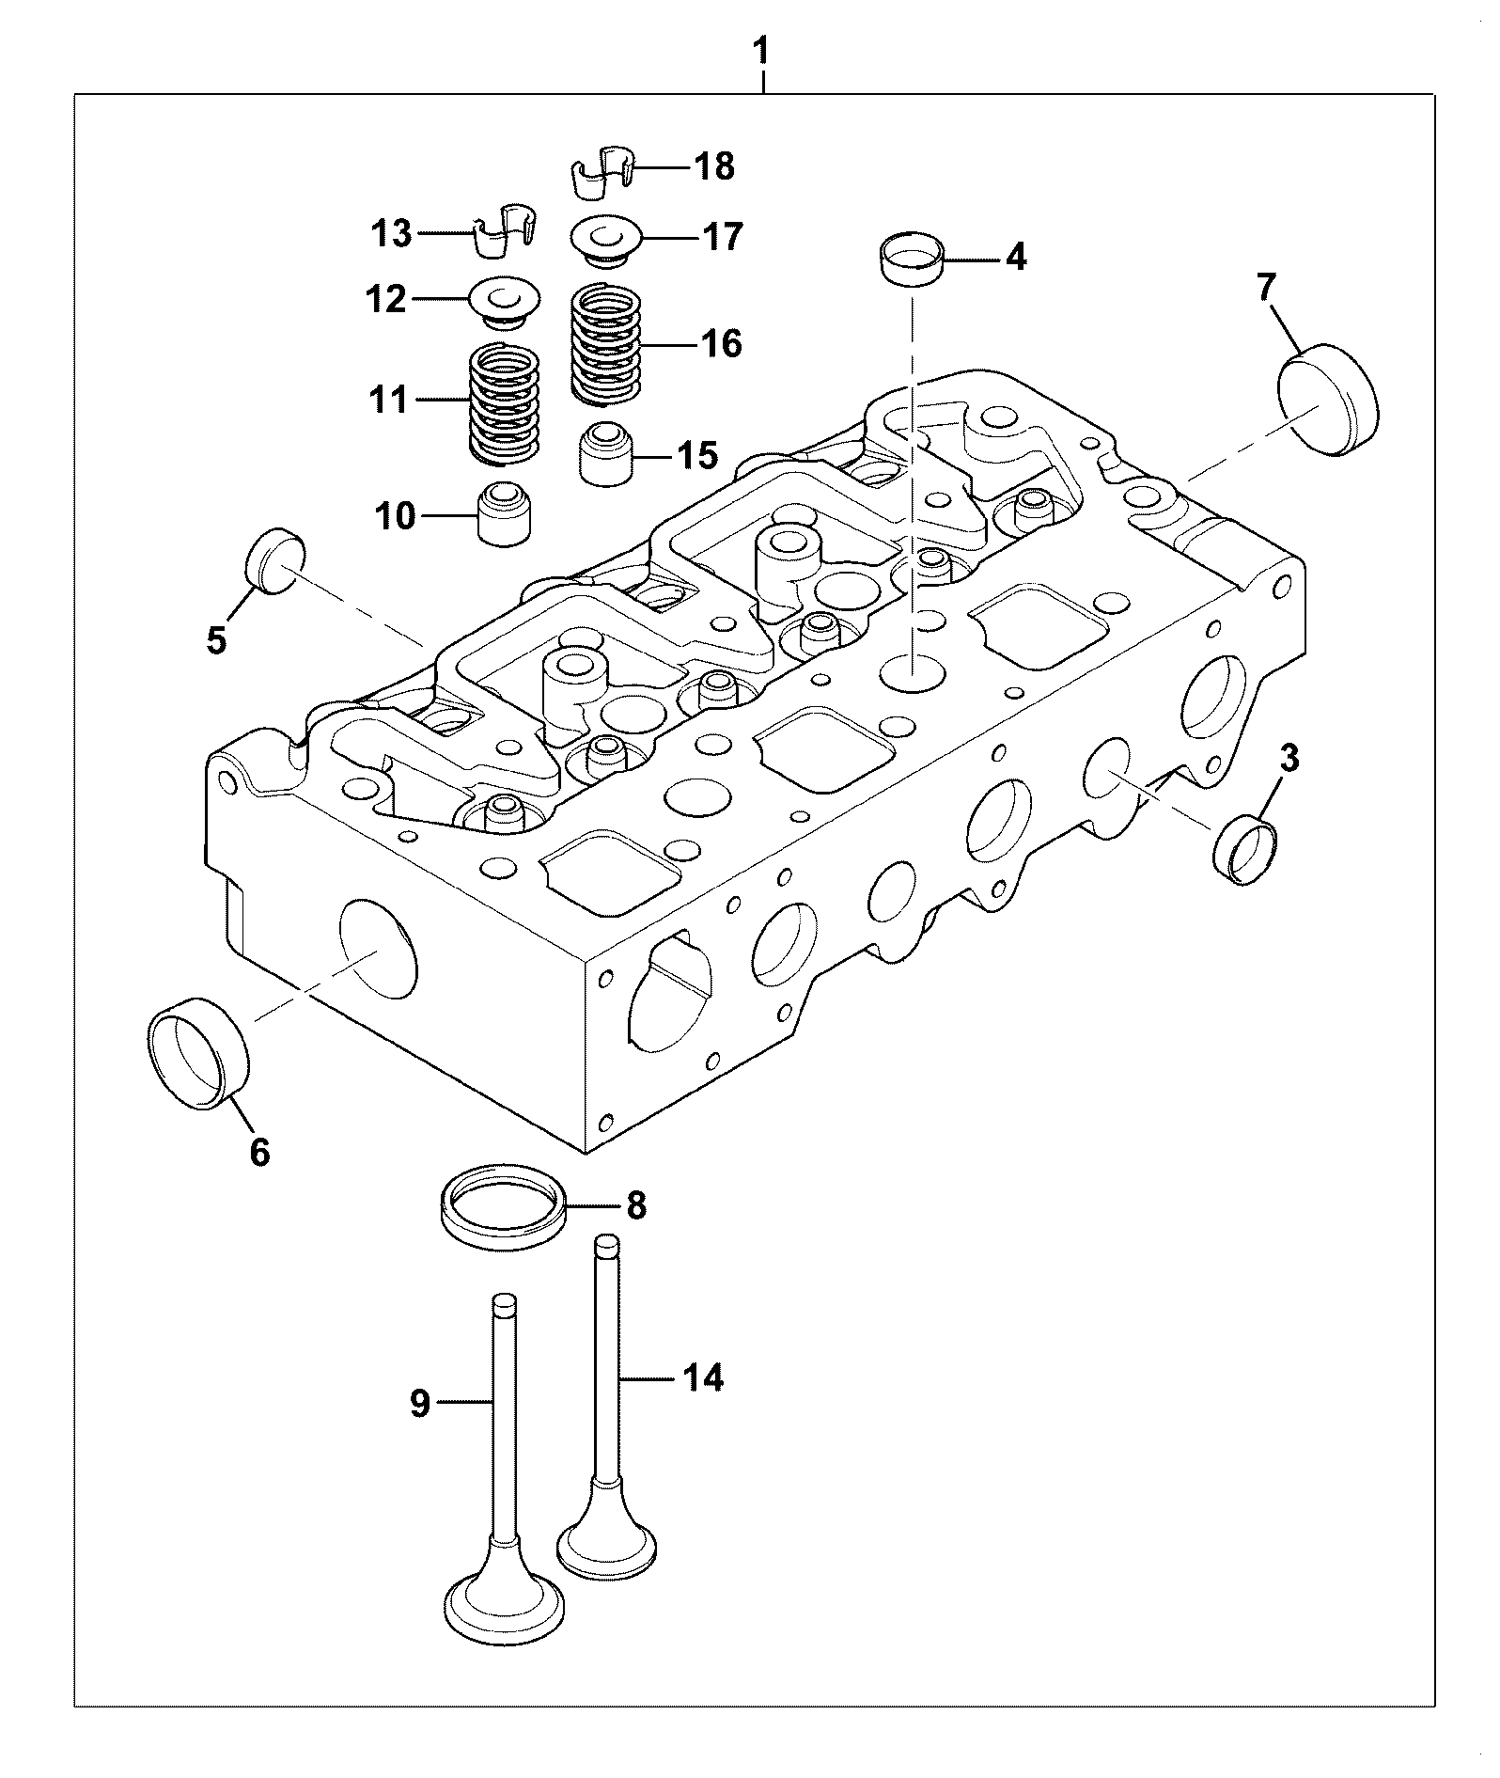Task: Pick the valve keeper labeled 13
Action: pos(503,229)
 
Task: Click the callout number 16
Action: pos(721,344)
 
